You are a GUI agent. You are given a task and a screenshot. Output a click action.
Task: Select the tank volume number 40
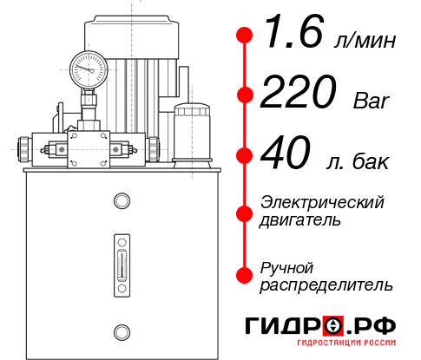point(287,155)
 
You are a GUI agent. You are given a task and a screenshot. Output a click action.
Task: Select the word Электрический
point(322,202)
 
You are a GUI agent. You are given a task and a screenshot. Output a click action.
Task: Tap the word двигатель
point(300,219)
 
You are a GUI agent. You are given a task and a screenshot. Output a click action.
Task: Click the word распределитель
point(326,285)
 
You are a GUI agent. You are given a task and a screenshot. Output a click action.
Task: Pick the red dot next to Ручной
point(245,275)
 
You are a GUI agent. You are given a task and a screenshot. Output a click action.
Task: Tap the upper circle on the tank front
point(121,201)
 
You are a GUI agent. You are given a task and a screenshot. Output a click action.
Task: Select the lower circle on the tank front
point(121,330)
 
